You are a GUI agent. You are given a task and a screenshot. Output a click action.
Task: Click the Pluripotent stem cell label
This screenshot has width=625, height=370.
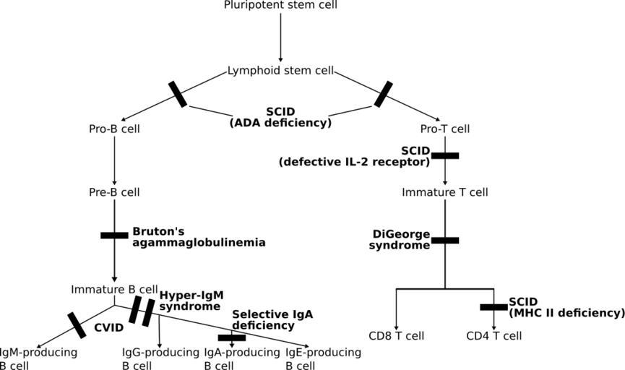[x=281, y=6]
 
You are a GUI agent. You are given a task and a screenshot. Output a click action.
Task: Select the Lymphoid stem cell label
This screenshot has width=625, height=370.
[x=281, y=71]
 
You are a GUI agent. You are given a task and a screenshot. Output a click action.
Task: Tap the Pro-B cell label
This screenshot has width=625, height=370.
[x=114, y=129]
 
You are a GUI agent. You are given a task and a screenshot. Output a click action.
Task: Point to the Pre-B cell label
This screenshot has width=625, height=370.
[x=114, y=192]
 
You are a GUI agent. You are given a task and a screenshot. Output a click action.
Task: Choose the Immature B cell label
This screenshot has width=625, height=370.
[x=114, y=289]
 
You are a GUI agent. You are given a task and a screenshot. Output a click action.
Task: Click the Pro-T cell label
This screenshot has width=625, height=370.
[x=445, y=129]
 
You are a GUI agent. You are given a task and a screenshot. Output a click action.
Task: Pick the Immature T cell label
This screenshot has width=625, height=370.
[x=445, y=192]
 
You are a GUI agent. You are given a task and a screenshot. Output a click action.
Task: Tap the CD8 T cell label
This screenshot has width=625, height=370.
[x=396, y=336]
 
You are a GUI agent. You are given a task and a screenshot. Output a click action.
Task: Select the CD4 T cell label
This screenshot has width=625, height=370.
[x=494, y=336]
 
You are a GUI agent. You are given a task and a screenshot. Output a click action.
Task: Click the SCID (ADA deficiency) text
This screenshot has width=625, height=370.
[x=280, y=117]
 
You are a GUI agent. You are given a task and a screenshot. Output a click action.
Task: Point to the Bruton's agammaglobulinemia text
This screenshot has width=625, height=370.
[x=198, y=237]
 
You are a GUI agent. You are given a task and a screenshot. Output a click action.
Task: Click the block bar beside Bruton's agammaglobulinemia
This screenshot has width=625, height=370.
[x=114, y=235]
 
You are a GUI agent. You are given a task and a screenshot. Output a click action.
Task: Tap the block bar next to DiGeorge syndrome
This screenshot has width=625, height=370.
[x=445, y=240]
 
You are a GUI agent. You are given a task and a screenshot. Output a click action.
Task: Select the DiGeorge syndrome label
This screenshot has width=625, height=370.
[x=401, y=240]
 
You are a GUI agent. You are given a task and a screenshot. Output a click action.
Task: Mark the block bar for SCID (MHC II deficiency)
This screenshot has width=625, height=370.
[x=494, y=307]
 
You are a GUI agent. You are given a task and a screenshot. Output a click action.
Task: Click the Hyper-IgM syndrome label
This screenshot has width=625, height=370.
[x=190, y=301]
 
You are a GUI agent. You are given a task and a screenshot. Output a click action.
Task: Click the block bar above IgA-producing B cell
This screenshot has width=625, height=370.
[x=231, y=337]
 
